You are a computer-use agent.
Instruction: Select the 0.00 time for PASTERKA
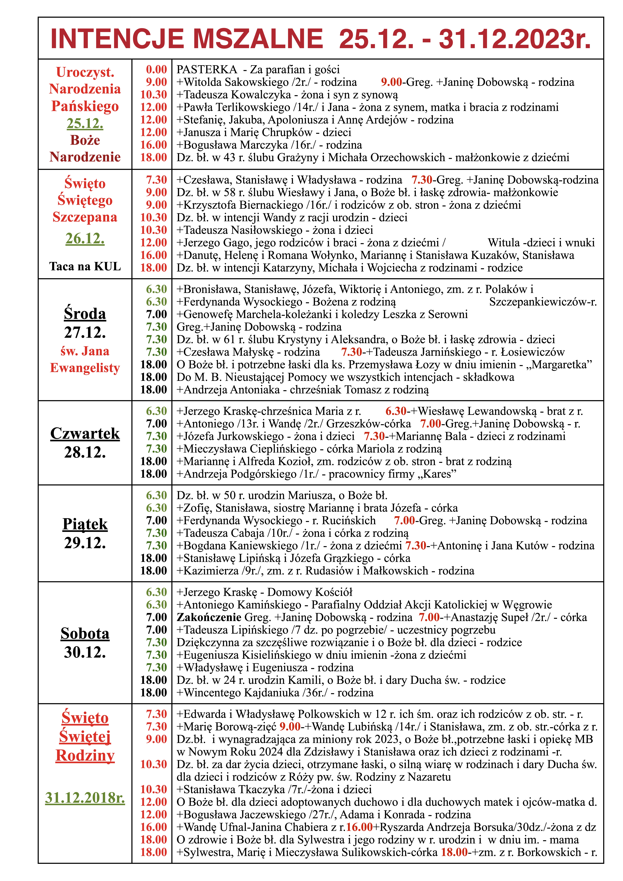(x=156, y=69)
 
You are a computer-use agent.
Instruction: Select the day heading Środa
(x=85, y=313)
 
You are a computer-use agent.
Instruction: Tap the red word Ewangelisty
(x=85, y=368)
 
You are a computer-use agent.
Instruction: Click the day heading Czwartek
(x=85, y=433)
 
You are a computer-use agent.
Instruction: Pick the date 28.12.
(x=85, y=452)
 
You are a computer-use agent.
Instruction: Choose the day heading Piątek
(x=85, y=524)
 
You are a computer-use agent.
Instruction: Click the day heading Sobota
(x=85, y=633)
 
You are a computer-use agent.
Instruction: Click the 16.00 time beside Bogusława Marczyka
(x=154, y=145)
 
